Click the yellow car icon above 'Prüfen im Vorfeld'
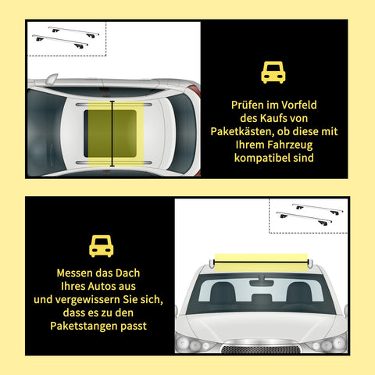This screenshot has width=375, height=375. click(x=273, y=73)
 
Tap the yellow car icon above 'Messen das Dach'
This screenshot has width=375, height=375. click(x=102, y=246)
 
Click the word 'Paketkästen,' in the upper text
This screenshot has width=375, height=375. click(x=242, y=131)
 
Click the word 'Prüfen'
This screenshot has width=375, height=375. click(x=248, y=105)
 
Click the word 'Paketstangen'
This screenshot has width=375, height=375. click(x=84, y=326)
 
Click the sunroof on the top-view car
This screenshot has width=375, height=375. click(x=110, y=134)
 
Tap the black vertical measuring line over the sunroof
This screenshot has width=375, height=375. click(x=112, y=134)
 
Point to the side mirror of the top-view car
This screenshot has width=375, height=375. click(x=52, y=79)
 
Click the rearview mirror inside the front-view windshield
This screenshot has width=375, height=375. click(x=261, y=282)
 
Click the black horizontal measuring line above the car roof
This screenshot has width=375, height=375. click(x=261, y=262)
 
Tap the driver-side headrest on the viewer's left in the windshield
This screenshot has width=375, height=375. click(x=223, y=292)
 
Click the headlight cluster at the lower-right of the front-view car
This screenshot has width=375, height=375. click(x=327, y=344)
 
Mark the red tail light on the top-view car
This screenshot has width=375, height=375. click(x=195, y=91)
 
